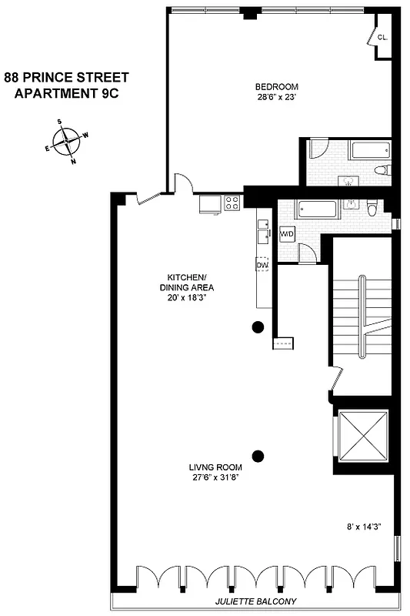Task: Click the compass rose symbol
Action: point(67,142)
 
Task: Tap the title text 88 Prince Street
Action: point(66,77)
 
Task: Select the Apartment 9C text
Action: point(66,94)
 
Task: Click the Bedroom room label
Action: point(276,86)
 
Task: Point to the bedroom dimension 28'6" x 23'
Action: point(276,97)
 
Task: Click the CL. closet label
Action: point(382,37)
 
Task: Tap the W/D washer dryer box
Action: point(288,233)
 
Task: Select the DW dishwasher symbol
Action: point(262,265)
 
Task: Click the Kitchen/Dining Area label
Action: point(187,283)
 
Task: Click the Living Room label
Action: point(216,467)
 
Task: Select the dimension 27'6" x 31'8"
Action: point(216,477)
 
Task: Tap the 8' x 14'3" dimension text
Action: point(365,528)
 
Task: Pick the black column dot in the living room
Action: point(258,454)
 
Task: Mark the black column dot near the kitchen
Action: point(258,327)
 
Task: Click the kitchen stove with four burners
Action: point(232,203)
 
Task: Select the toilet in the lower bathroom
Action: point(372,209)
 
